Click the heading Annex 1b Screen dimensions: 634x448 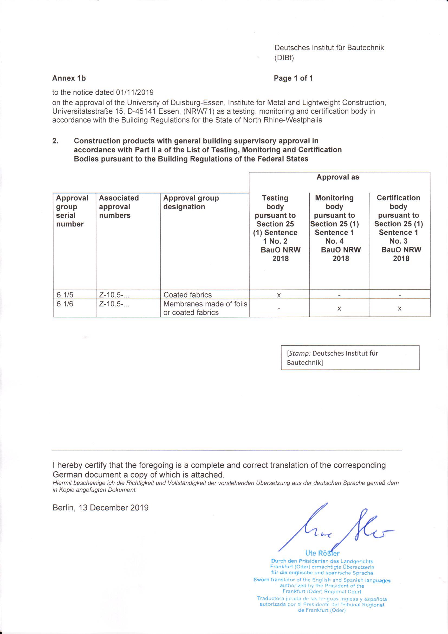[69, 78]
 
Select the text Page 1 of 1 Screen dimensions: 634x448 [293, 78]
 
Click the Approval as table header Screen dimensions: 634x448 [338, 177]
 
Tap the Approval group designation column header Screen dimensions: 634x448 [191, 202]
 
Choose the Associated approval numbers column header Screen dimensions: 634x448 [119, 207]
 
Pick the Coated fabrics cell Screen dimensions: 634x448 [188, 295]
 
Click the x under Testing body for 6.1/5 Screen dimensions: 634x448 [279, 295]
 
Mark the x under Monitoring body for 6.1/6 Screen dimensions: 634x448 [339, 308]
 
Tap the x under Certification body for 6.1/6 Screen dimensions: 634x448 [400, 308]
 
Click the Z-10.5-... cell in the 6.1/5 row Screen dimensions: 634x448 [114, 295]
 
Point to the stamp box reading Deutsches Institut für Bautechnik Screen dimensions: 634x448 [350, 357]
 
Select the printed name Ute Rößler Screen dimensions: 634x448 [322, 553]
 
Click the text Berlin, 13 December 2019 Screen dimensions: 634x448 [100, 508]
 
